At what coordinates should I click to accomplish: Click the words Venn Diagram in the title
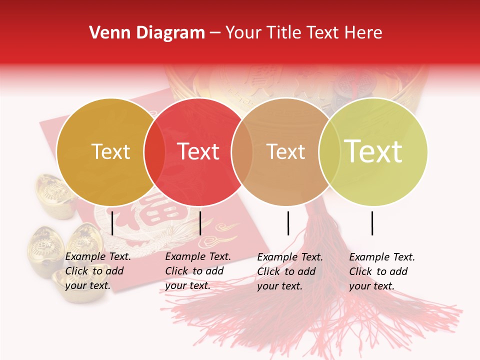147,33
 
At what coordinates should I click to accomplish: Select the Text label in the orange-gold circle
110,152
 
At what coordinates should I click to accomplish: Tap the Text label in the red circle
198,152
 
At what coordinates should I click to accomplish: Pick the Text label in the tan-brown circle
285,152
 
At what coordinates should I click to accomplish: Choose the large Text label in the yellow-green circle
373,151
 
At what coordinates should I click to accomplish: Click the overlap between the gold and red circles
154,152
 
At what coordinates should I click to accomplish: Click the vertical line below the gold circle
112,223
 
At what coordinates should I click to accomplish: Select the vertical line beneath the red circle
200,223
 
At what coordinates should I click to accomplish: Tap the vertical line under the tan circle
288,223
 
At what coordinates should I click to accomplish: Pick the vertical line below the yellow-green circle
372,223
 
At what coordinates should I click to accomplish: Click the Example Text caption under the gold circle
98,271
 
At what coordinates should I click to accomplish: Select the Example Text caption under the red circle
198,271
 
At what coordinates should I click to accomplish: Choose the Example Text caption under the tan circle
290,271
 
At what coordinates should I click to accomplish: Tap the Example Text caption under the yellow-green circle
382,271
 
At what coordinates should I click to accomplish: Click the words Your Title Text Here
303,33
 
